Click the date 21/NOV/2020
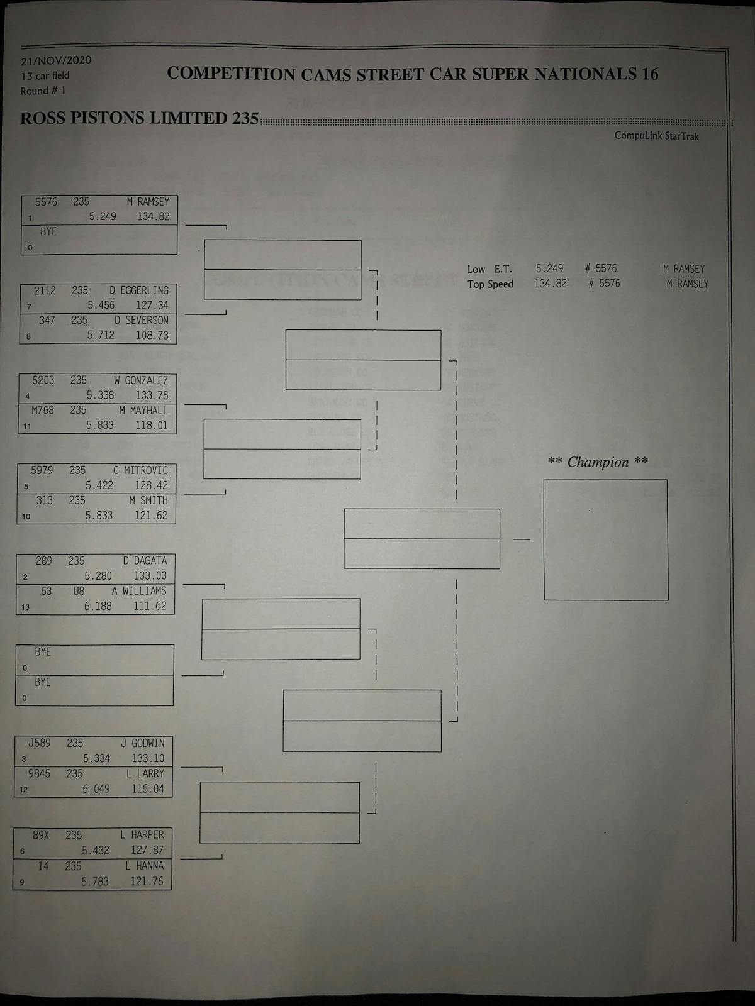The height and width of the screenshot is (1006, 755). coord(56,60)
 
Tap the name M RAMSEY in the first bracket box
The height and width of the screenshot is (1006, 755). coord(148,202)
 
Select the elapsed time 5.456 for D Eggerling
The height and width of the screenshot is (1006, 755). coord(101,305)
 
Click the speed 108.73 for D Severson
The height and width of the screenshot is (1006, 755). coord(152,335)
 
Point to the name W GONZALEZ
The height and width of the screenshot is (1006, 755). coord(141,380)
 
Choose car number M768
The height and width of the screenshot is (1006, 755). coord(43,410)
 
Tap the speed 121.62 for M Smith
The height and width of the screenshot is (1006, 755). coord(151,516)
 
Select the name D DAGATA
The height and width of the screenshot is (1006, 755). coord(145,561)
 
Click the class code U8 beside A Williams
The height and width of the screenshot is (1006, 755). coord(78,591)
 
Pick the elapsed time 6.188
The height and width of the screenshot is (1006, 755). coord(98,606)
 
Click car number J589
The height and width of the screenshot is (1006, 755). coord(40,743)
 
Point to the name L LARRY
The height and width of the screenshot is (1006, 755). coord(145,773)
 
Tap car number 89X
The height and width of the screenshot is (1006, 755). coord(41,835)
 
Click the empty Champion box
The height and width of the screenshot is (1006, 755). coord(605,539)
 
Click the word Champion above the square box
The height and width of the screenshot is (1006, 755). coord(598,462)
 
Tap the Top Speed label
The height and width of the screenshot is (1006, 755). coord(490,284)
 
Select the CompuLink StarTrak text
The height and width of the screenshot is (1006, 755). coord(656,136)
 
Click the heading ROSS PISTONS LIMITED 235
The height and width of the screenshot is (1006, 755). coord(139,118)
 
